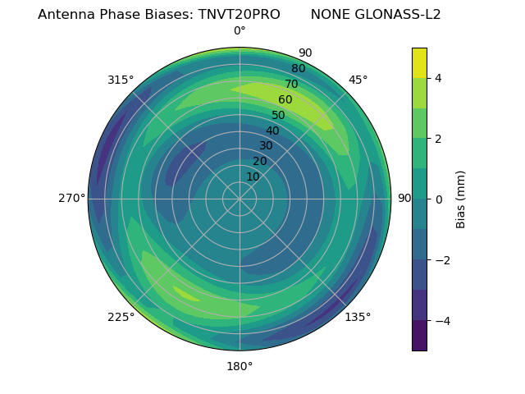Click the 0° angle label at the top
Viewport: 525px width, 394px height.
240,31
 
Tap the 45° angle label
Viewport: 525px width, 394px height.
358,80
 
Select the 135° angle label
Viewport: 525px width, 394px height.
358,317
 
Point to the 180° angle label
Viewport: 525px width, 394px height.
240,366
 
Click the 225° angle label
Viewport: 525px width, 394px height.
121,318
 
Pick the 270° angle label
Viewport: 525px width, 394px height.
72,198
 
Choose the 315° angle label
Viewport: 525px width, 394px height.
121,80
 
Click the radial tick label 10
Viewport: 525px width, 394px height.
253,176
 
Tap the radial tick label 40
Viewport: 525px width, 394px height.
272,131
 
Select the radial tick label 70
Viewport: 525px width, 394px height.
292,84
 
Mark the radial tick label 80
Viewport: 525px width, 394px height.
299,69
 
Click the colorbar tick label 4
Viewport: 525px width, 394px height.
438,78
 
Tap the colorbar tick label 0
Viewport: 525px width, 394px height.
438,199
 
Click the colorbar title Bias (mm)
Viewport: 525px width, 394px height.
461,199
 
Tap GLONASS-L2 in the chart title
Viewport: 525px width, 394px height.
397,15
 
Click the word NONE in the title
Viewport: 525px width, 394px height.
328,15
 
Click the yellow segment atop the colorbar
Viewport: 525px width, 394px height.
419,62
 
